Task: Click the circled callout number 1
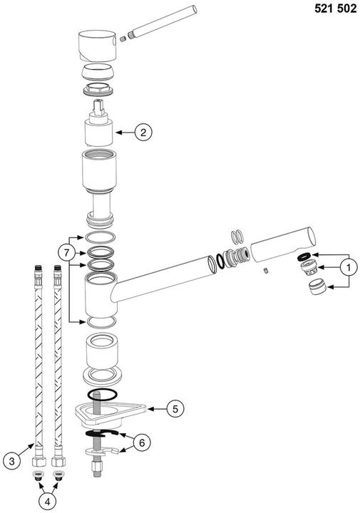[348, 268]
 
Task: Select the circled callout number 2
[143, 133]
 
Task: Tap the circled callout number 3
[12, 462]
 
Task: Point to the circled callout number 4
[48, 502]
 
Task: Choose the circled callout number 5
[175, 409]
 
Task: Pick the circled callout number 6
[142, 442]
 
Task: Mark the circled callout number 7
[67, 253]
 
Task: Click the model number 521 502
[336, 9]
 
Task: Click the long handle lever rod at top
[163, 22]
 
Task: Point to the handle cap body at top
[98, 46]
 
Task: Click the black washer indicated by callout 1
[304, 257]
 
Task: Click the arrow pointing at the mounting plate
[157, 409]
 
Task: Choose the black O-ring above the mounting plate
[102, 395]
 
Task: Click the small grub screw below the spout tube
[266, 271]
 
